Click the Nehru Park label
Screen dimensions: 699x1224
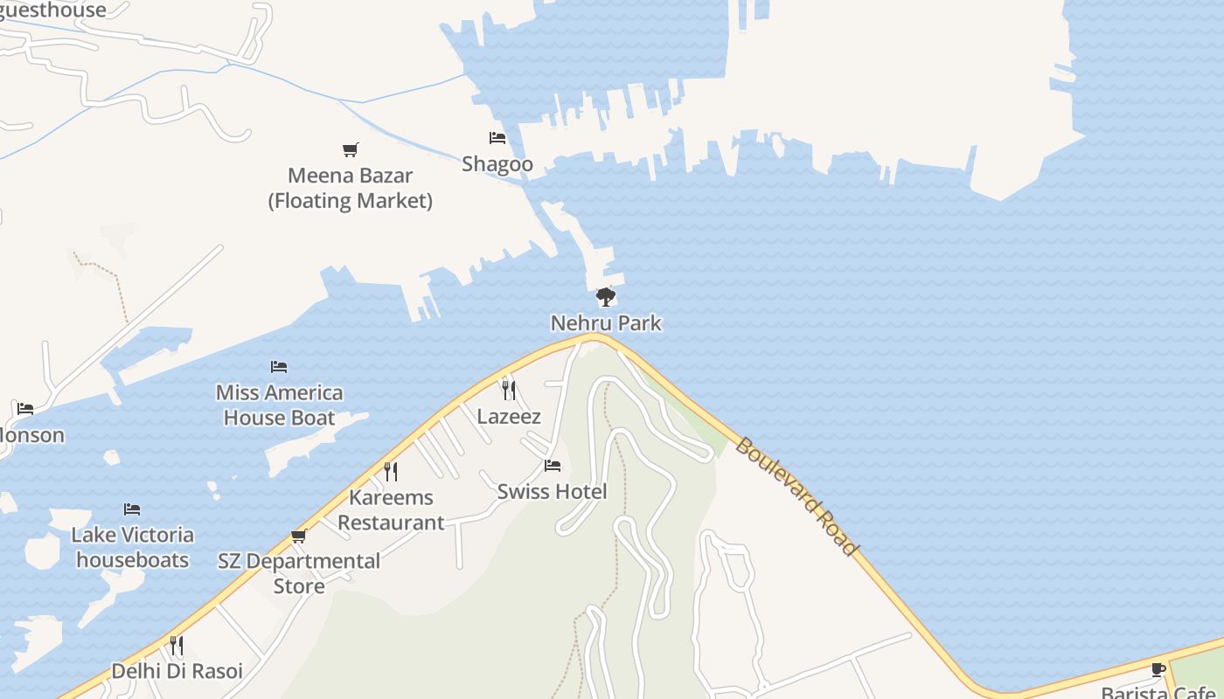[x=606, y=323]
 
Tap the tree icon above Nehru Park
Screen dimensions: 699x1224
[x=605, y=298]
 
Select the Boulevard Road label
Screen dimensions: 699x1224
[x=796, y=495]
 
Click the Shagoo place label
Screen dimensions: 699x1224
[x=497, y=164]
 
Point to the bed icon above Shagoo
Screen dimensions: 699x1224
[x=497, y=138]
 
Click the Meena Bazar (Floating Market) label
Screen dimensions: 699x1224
[x=351, y=188]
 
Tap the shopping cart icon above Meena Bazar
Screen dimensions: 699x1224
[x=351, y=149]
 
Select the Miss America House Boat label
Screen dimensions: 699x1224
[x=280, y=405]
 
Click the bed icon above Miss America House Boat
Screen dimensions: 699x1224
[x=279, y=367]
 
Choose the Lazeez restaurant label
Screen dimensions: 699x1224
[x=509, y=417]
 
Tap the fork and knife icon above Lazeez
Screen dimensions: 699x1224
[x=509, y=390]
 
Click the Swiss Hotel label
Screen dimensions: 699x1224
[x=552, y=492]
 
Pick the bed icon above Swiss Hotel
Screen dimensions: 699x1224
[x=552, y=466]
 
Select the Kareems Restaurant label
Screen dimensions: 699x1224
[x=391, y=510]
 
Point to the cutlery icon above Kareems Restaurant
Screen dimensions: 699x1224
[x=391, y=472]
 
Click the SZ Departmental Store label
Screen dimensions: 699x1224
[x=299, y=573]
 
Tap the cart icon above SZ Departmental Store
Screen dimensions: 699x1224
[x=299, y=536]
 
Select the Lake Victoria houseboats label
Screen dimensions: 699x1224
[x=132, y=547]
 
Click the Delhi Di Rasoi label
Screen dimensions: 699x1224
[x=177, y=672]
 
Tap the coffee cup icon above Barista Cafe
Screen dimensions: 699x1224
[x=1158, y=670]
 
